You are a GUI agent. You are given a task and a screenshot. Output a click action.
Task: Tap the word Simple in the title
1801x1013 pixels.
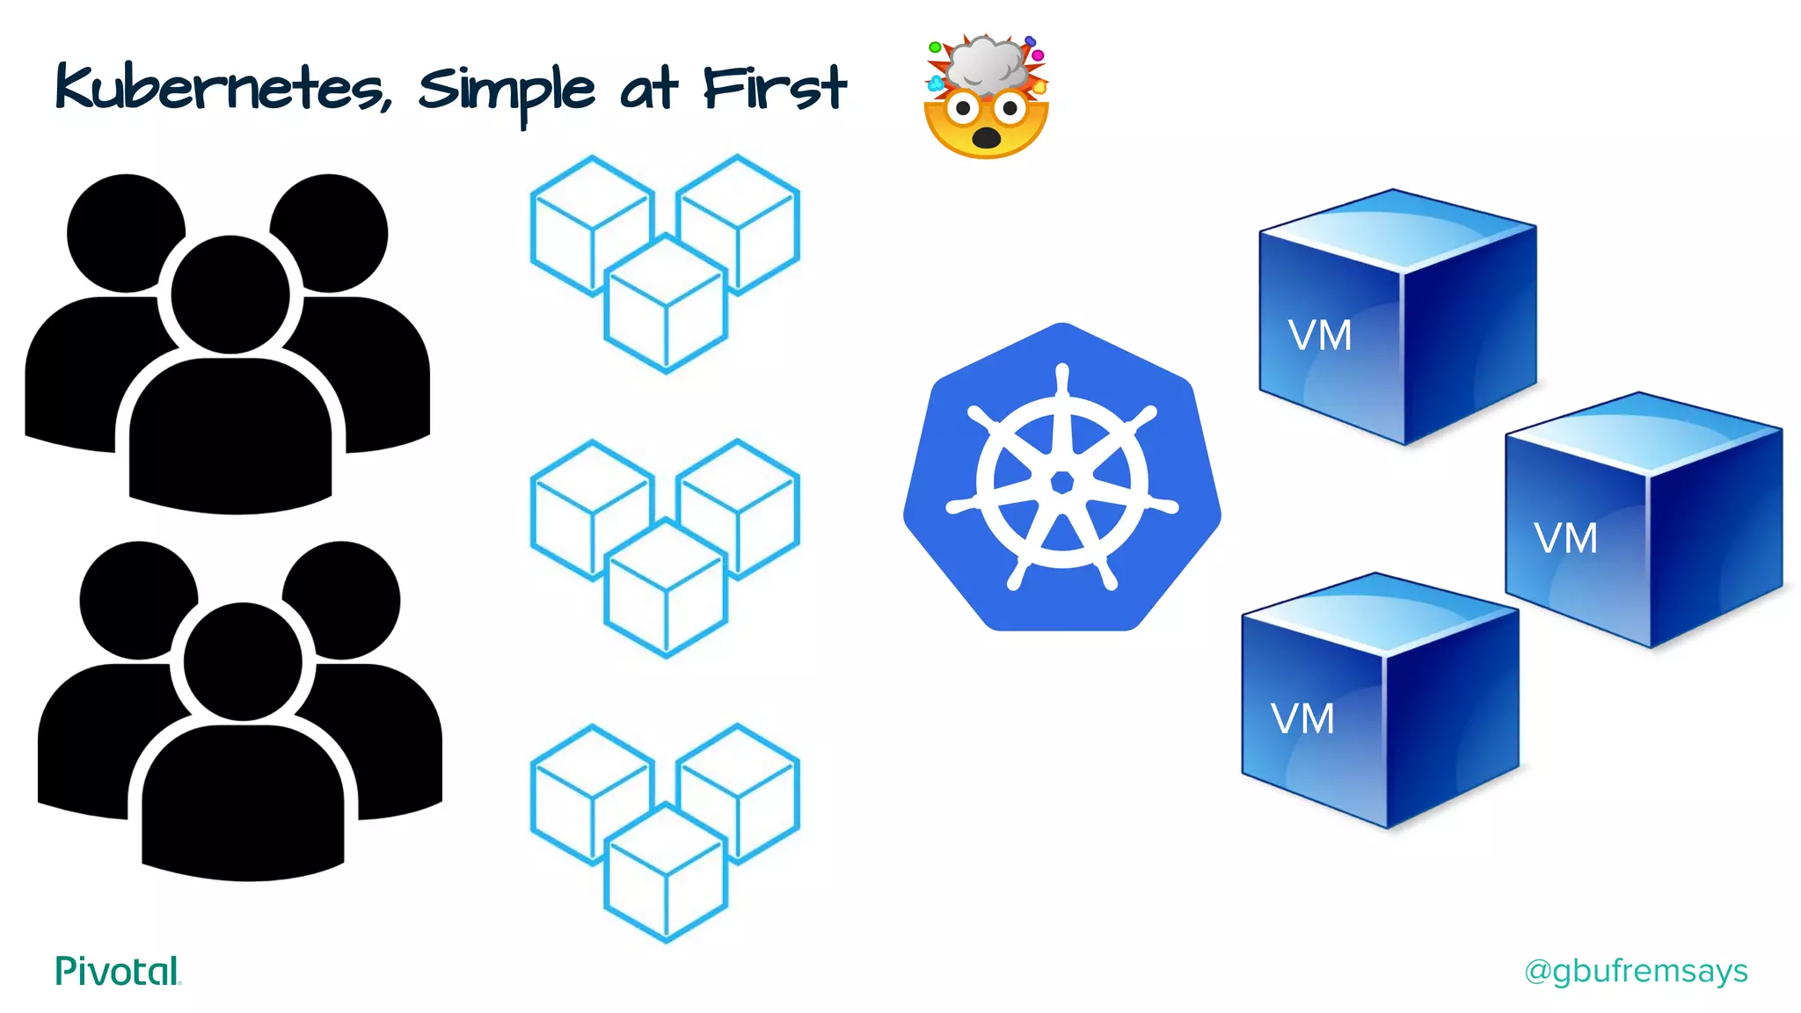(506, 91)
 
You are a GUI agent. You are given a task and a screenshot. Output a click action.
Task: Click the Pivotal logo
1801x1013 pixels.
(117, 971)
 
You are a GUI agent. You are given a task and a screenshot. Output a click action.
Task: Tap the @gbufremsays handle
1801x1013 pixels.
(1636, 971)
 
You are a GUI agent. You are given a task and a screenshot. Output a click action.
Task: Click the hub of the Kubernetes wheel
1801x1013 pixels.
(1062, 482)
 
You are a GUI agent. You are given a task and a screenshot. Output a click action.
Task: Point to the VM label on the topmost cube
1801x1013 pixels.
(1319, 336)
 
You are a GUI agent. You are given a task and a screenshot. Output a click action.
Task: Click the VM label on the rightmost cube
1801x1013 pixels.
(1565, 538)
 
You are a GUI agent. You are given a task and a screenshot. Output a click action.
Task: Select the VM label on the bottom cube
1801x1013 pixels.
(1302, 719)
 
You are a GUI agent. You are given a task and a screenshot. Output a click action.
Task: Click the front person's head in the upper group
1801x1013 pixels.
(230, 295)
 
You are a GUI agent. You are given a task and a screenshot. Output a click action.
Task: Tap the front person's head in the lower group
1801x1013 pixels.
(243, 661)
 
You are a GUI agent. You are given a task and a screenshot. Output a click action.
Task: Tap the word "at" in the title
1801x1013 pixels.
(649, 89)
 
